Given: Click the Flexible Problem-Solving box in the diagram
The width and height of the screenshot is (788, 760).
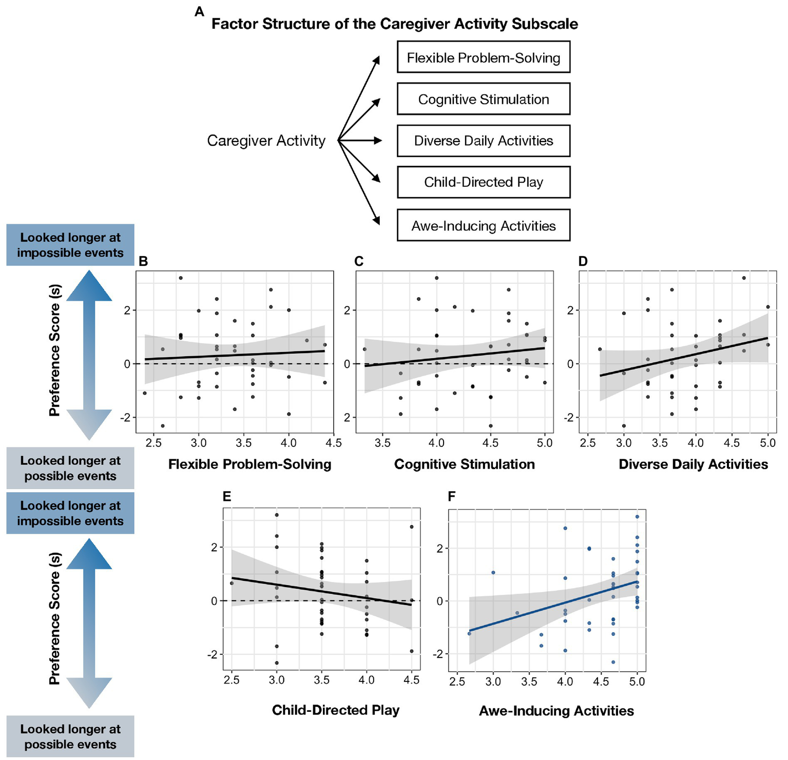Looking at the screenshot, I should click(x=483, y=57).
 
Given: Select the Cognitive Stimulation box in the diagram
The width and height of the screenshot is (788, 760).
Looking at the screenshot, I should click(x=483, y=99).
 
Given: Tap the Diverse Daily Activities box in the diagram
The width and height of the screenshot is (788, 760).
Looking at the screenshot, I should click(x=483, y=141).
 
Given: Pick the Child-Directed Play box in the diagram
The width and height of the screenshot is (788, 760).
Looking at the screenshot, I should click(x=483, y=182).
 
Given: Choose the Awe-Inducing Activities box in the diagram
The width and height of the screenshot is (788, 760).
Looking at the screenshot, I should click(x=483, y=226).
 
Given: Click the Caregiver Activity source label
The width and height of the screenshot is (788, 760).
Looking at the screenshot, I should click(x=266, y=141).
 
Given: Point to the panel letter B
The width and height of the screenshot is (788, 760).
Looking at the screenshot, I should click(x=143, y=262).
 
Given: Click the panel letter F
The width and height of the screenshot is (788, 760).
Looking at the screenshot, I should click(x=452, y=496).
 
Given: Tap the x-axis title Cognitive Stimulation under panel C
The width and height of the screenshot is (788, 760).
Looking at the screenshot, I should click(x=464, y=464).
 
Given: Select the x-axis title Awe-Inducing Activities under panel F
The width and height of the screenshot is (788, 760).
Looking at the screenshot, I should click(x=556, y=711).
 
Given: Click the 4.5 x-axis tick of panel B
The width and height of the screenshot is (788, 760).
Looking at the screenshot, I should click(x=334, y=443).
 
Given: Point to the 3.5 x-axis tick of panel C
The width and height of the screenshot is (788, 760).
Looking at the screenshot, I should click(x=382, y=443).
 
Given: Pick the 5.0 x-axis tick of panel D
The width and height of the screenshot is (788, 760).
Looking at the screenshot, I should click(x=768, y=443).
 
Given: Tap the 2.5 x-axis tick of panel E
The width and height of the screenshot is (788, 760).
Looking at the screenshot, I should click(x=232, y=680).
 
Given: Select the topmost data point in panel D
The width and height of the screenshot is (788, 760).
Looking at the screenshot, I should click(x=744, y=278).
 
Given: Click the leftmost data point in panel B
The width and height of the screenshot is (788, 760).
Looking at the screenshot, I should click(x=145, y=393).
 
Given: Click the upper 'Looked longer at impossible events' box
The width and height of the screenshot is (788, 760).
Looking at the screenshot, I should click(x=70, y=245).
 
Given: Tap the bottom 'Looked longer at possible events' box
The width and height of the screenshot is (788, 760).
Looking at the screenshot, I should click(x=70, y=736).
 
